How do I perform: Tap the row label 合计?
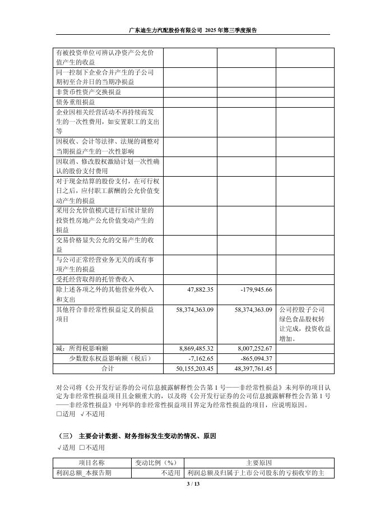[107, 369]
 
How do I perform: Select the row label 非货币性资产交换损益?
[88, 91]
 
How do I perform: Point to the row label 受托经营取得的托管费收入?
[95, 279]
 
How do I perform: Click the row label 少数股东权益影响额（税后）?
[110, 358]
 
